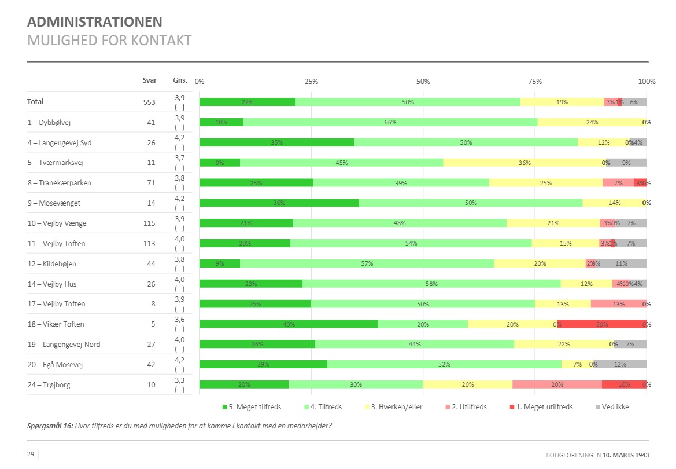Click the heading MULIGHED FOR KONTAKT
(109, 41)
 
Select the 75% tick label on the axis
(535, 82)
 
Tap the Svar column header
(149, 80)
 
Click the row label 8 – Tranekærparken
(59, 183)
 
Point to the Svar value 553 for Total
(149, 102)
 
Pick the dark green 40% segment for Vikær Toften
(289, 324)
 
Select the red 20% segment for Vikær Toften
(601, 324)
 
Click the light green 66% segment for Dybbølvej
(390, 122)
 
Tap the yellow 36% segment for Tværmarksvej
(524, 163)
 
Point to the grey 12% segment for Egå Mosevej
(620, 365)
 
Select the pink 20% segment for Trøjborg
(557, 385)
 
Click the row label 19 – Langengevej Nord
(64, 345)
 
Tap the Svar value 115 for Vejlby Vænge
(149, 223)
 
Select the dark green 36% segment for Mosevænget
(279, 203)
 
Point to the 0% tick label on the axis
(200, 82)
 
